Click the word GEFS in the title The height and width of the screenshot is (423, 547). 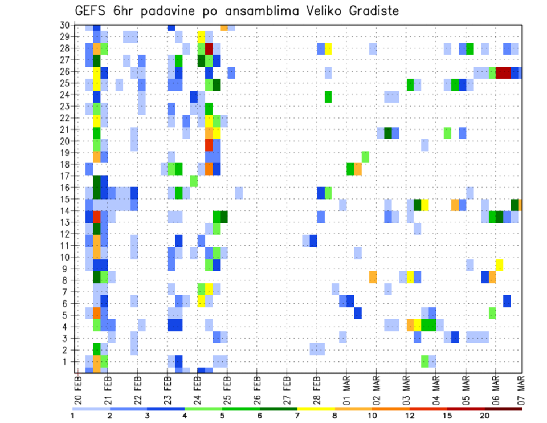pos(91,11)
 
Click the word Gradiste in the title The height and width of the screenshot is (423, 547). pos(371,11)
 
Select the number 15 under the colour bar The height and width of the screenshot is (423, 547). pos(447,416)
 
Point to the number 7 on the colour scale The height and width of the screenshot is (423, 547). pos(297,416)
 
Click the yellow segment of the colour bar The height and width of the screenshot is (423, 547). pos(316,408)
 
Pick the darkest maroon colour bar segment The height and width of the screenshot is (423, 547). pos(504,408)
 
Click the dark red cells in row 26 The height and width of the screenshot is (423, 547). pos(503,72)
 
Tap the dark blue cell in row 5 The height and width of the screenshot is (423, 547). pos(358,313)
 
